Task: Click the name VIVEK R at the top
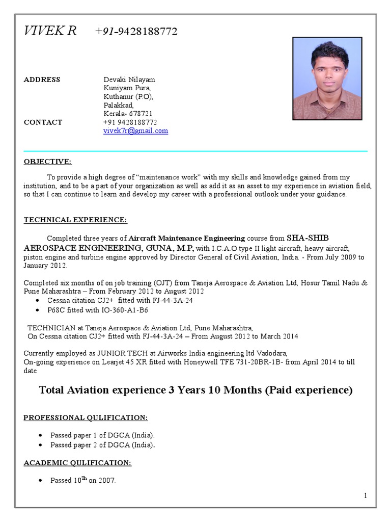coord(50,32)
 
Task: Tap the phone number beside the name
coord(136,32)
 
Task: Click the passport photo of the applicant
coord(327,79)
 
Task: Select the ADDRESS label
coord(42,80)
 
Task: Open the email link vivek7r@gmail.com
coord(135,131)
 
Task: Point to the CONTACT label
coord(43,122)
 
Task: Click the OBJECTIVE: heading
coord(48,162)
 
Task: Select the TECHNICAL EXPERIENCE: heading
coord(75,220)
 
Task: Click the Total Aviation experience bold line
coord(195,390)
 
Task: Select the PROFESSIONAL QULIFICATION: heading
coord(86,418)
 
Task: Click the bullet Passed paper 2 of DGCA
coord(102,445)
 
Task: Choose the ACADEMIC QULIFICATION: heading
coord(77,463)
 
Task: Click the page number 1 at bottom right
coord(366,495)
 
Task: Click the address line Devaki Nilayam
coord(129,80)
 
